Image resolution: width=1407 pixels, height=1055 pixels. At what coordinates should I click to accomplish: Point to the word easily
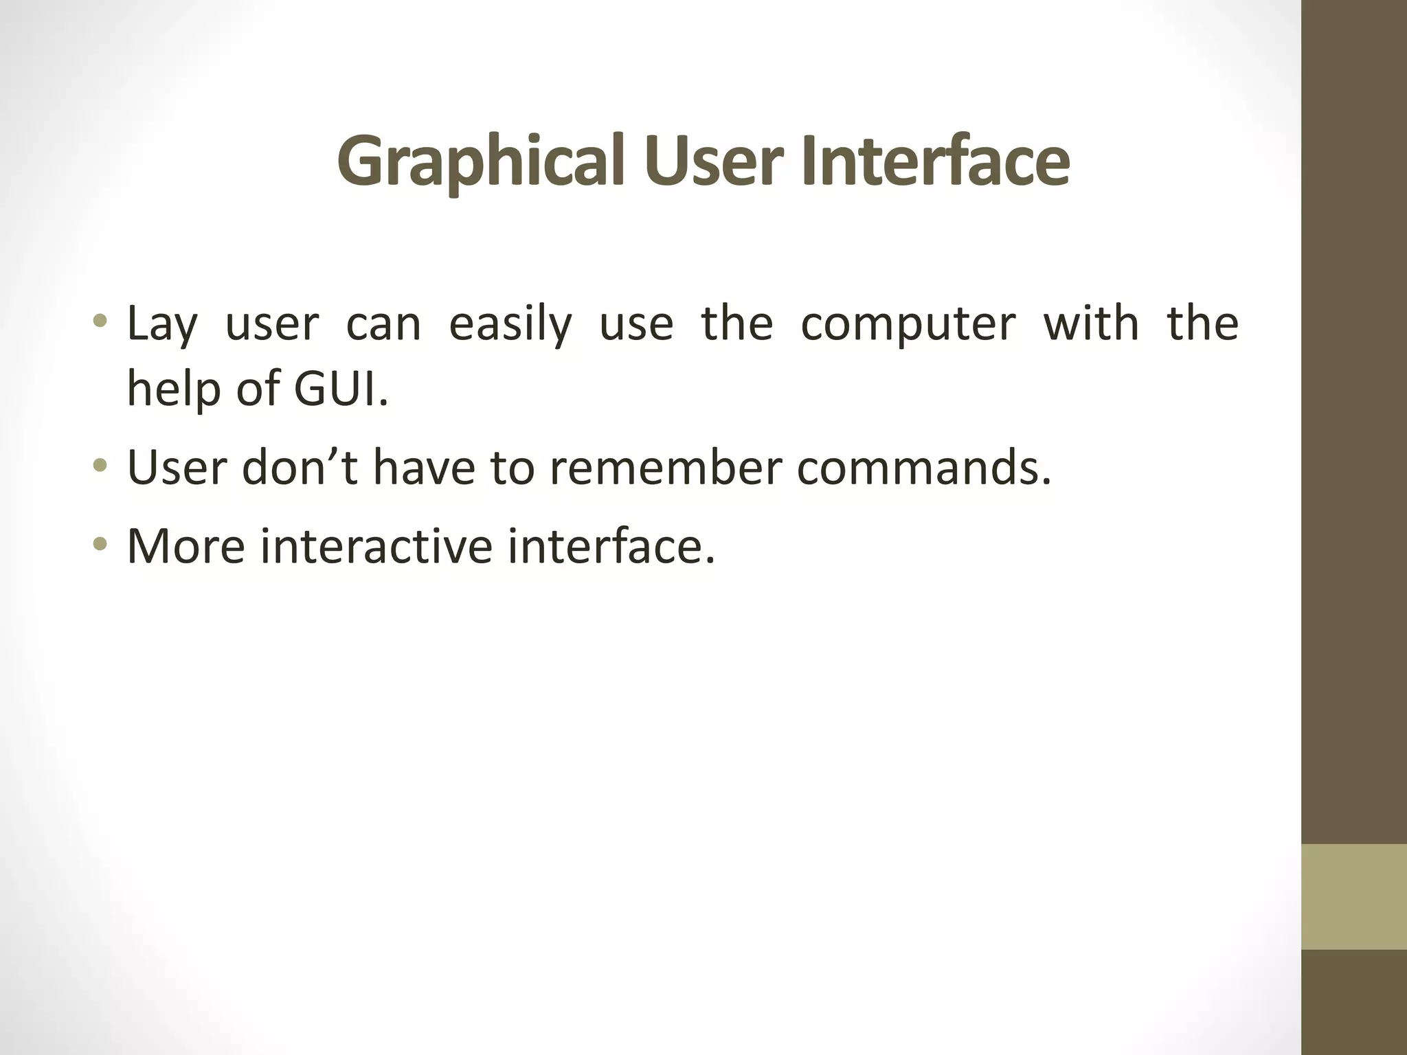click(x=510, y=324)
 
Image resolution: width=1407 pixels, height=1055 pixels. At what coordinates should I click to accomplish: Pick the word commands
click(x=923, y=468)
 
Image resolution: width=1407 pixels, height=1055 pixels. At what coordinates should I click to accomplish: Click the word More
click(x=186, y=546)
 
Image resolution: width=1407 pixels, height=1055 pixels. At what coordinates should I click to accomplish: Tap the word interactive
click(x=376, y=546)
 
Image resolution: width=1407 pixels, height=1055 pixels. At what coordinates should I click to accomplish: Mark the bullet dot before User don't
click(x=100, y=466)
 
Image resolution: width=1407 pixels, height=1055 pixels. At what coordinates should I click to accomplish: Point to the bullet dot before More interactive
click(x=100, y=545)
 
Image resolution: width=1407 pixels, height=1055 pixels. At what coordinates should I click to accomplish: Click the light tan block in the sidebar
click(x=1353, y=897)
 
